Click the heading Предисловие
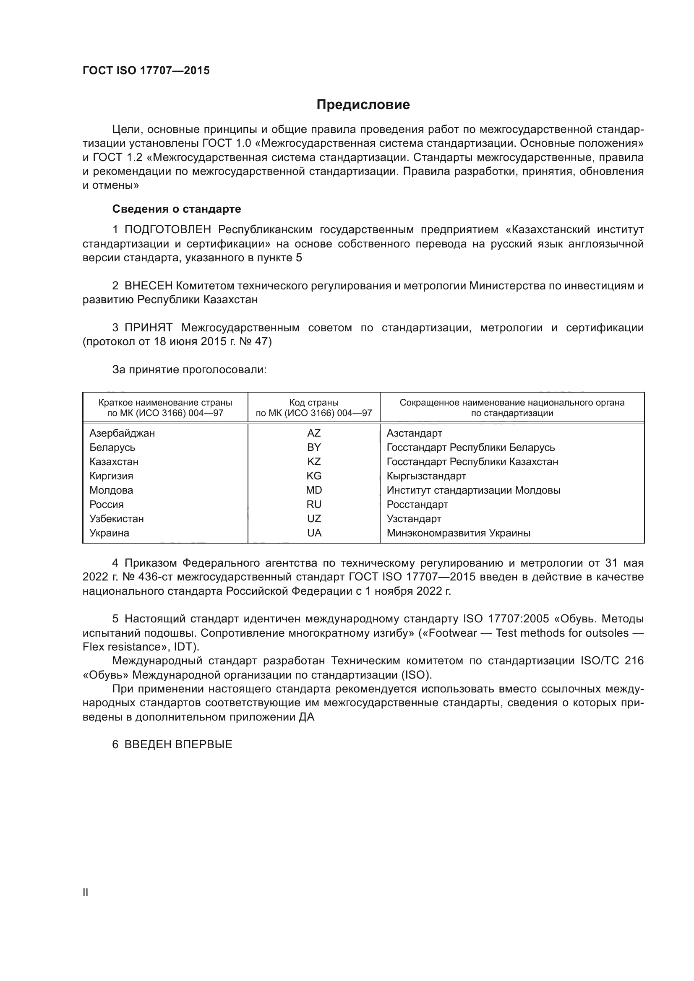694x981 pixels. click(363, 105)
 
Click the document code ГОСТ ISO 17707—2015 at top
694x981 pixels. click(146, 71)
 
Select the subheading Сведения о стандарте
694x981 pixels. click(177, 209)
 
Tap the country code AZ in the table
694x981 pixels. click(314, 433)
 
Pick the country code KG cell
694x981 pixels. click(314, 476)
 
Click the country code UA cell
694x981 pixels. click(314, 533)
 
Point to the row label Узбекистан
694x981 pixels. click(116, 519)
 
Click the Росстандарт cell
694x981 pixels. click(417, 505)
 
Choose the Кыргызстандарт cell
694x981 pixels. click(426, 476)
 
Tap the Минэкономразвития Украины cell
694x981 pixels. click(458, 533)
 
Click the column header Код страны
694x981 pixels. click(314, 403)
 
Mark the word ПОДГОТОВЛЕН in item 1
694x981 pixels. click(167, 230)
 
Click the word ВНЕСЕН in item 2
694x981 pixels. click(148, 286)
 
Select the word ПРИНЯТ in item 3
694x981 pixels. click(148, 328)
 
